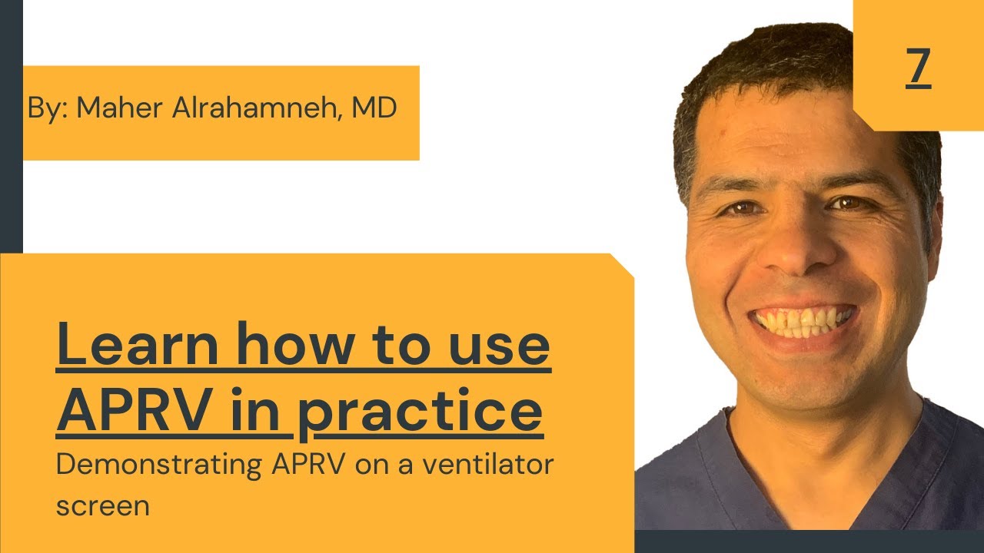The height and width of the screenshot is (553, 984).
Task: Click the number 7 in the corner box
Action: click(918, 67)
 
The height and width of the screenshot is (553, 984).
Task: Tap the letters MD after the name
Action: click(374, 109)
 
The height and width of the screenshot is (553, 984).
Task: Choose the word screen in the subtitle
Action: click(102, 507)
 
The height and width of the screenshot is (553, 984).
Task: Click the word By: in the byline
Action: click(48, 109)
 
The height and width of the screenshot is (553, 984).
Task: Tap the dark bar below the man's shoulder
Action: click(807, 541)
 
